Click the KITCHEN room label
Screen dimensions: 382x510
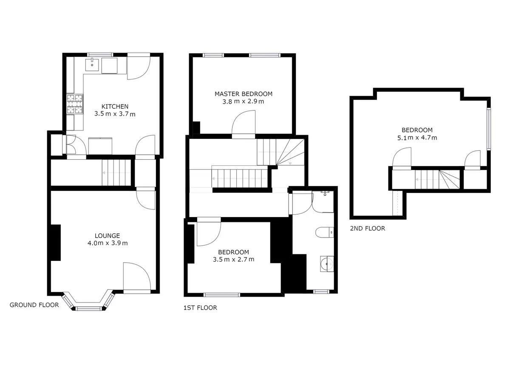[115, 106]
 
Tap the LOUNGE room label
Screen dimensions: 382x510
[107, 235]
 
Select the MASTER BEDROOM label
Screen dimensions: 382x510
[243, 94]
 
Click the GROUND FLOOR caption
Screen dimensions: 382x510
[34, 305]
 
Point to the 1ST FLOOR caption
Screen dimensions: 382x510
[200, 308]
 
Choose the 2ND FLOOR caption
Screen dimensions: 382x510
[367, 229]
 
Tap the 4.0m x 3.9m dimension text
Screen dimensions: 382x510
[107, 243]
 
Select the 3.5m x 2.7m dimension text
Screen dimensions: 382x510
[234, 259]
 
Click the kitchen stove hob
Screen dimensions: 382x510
[75, 104]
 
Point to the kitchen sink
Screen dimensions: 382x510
[92, 65]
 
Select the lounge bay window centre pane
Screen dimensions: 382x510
[90, 308]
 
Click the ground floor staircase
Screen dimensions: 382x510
[116, 173]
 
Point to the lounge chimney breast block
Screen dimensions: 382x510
[55, 242]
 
